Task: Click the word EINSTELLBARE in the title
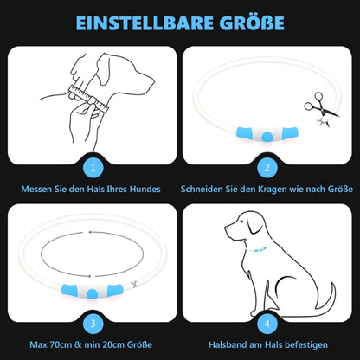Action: tap(145, 23)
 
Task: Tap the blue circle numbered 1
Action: tap(93, 168)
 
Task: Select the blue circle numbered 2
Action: tap(267, 168)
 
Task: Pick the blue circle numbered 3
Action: tap(93, 324)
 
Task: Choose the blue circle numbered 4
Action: tap(267, 324)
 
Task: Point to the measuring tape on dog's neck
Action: tap(88, 99)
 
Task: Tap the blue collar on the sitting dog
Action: tap(259, 249)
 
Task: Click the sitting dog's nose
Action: tap(226, 228)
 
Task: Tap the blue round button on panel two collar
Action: tap(267, 136)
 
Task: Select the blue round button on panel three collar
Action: tap(92, 293)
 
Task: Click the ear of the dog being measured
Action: tap(104, 68)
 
